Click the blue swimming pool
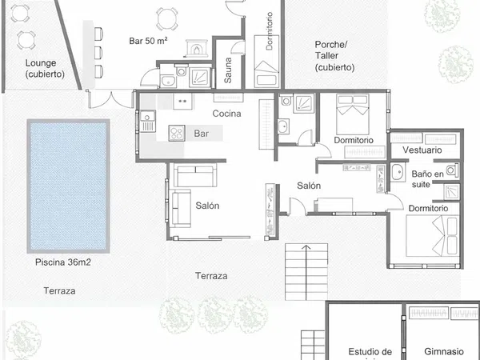pos(68,186)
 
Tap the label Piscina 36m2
pos(63,262)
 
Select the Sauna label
pos(228,70)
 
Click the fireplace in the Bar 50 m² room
pos(197,48)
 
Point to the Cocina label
pos(227,114)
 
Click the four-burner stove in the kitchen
pos(177,133)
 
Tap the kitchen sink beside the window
pos(147,122)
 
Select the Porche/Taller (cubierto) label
pos(334,56)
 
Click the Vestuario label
pos(422,150)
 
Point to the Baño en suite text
pos(427,179)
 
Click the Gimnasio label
pos(444,351)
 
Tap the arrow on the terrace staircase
pos(306,273)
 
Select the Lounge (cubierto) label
pos(45,69)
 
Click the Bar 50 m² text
pos(148,41)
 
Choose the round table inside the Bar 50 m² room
pos(167,19)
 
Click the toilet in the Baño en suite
pos(452,170)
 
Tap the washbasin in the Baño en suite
pos(398,172)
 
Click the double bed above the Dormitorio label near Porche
pos(353,114)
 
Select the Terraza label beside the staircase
pos(211,276)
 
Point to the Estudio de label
pos(370,352)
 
